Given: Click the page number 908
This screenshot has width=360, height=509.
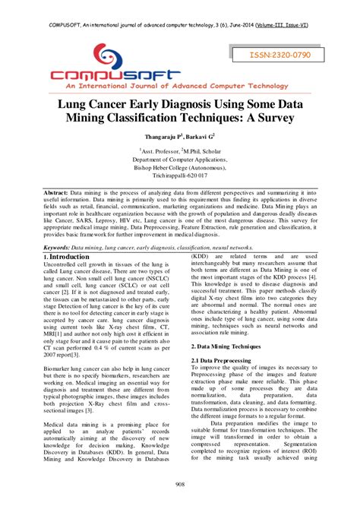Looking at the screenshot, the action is [x=180, y=485].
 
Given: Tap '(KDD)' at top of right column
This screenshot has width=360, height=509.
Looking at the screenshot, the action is [x=201, y=235].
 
